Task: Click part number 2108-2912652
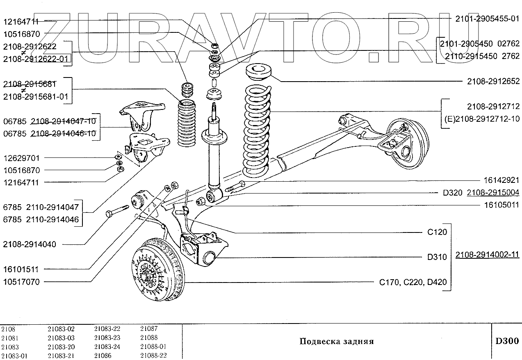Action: (x=493, y=82)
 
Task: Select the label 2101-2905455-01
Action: (x=487, y=19)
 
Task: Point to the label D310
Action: (x=437, y=257)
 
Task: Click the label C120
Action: (x=437, y=232)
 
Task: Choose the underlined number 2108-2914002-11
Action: (x=487, y=255)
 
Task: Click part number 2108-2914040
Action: (x=30, y=244)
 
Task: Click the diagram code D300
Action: (x=507, y=341)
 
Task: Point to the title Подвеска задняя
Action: (x=336, y=342)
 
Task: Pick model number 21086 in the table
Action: (x=103, y=355)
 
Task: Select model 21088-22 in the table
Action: (x=153, y=355)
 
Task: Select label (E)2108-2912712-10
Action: (x=482, y=119)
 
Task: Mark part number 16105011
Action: (x=499, y=205)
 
